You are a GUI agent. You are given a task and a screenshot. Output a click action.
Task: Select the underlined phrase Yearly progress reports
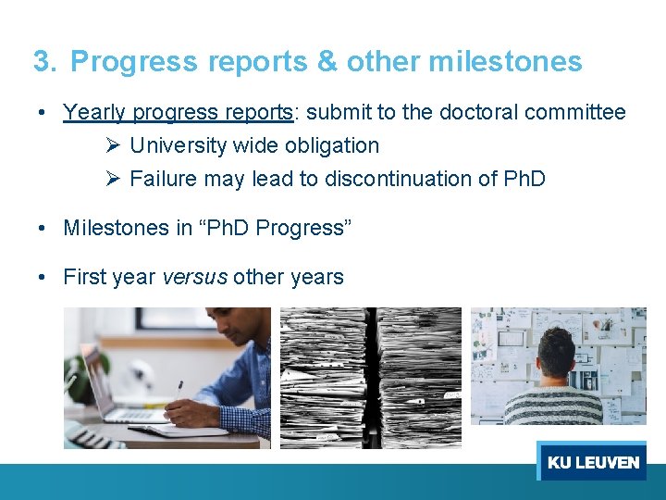coord(178,113)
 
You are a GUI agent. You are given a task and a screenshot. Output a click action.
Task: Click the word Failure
coord(163,180)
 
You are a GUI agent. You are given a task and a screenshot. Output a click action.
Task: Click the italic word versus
coord(194,277)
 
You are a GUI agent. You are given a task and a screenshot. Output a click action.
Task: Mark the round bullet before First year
coord(43,277)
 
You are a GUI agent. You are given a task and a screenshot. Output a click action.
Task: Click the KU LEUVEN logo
coord(592,461)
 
